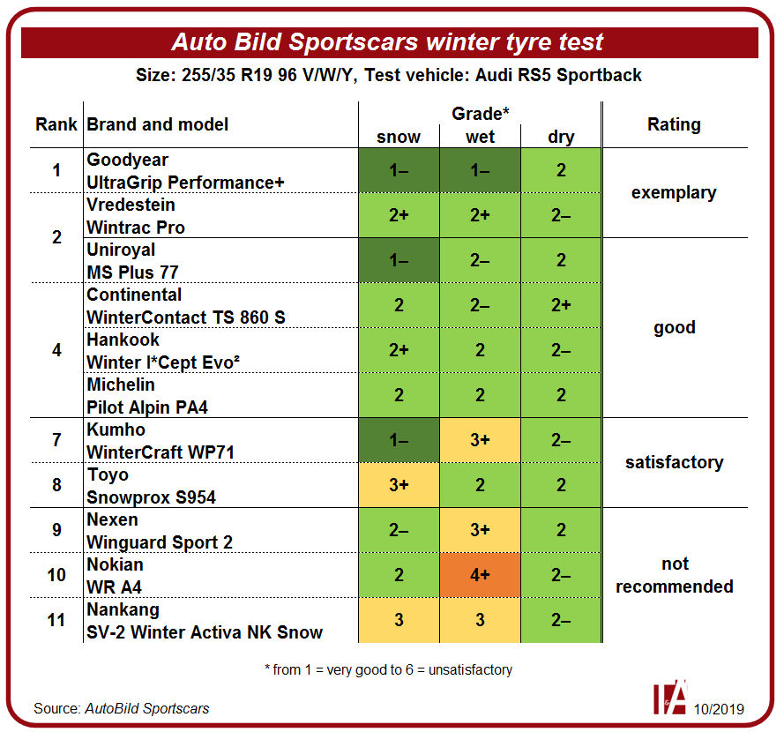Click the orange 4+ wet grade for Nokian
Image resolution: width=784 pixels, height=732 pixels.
tap(480, 575)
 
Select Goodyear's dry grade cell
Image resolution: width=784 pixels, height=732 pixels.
tap(561, 170)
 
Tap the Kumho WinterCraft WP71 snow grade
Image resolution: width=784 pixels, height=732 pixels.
tap(399, 440)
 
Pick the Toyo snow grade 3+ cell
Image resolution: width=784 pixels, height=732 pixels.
tap(399, 485)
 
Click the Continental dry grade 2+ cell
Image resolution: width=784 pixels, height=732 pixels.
tap(561, 305)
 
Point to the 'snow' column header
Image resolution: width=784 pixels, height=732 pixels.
tap(399, 137)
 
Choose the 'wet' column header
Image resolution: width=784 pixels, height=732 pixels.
tap(480, 137)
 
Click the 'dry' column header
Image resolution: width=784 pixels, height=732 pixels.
tap(561, 137)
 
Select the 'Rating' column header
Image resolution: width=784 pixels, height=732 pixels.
tap(674, 124)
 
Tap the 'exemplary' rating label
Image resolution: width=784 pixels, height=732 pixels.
tap(674, 193)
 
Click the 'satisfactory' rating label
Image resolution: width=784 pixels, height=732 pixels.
tap(675, 462)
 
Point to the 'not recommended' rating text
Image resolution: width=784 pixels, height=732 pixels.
tap(675, 575)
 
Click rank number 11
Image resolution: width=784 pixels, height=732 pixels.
tap(56, 620)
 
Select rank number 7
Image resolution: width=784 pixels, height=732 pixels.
tap(57, 440)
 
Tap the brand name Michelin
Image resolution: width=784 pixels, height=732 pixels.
tap(121, 385)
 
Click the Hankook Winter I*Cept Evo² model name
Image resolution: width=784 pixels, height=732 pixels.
tap(163, 362)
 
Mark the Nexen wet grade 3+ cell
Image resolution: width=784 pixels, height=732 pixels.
tap(480, 530)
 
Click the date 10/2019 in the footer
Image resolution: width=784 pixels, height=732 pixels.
tap(719, 709)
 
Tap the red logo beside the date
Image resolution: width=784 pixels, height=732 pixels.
tap(670, 697)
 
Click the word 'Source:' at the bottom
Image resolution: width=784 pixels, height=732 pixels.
tap(57, 708)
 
